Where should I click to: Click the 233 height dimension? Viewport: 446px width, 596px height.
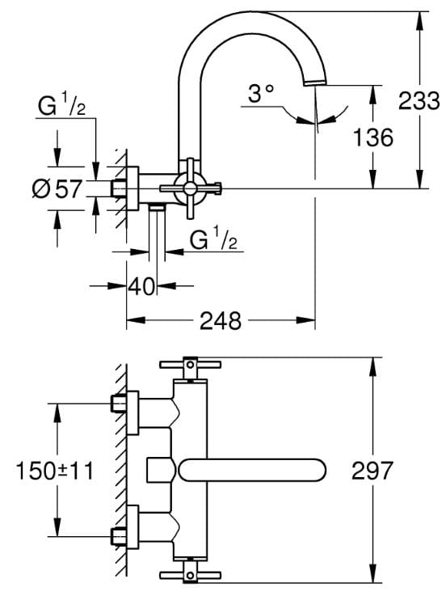pos(419,101)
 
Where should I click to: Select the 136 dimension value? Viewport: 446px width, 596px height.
pos(372,137)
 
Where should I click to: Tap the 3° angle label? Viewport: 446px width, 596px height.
pos(261,93)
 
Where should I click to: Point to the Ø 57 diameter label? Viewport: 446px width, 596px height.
pos(57,188)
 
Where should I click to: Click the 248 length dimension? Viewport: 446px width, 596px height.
pos(221,320)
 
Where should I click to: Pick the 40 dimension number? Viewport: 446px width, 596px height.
pos(141,286)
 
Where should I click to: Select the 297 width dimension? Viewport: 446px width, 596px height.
pos(372,470)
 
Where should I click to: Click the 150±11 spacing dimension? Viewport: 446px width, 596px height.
pos(54,471)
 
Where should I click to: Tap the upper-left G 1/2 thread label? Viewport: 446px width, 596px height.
pos(61,105)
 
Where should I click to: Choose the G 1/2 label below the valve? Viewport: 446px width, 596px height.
pos(213,239)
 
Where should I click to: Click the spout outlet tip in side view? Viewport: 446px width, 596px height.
pos(315,82)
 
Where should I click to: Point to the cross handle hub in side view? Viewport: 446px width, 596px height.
pos(189,188)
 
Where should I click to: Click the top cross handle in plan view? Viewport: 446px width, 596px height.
pos(190,365)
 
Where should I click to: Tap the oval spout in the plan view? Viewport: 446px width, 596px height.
pos(252,470)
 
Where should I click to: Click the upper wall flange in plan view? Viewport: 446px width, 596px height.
pos(133,412)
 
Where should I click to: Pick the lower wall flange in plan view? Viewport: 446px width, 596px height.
pos(133,527)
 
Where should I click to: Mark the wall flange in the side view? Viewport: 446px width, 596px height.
pos(133,188)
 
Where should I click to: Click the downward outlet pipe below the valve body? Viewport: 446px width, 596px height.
pos(157,233)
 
